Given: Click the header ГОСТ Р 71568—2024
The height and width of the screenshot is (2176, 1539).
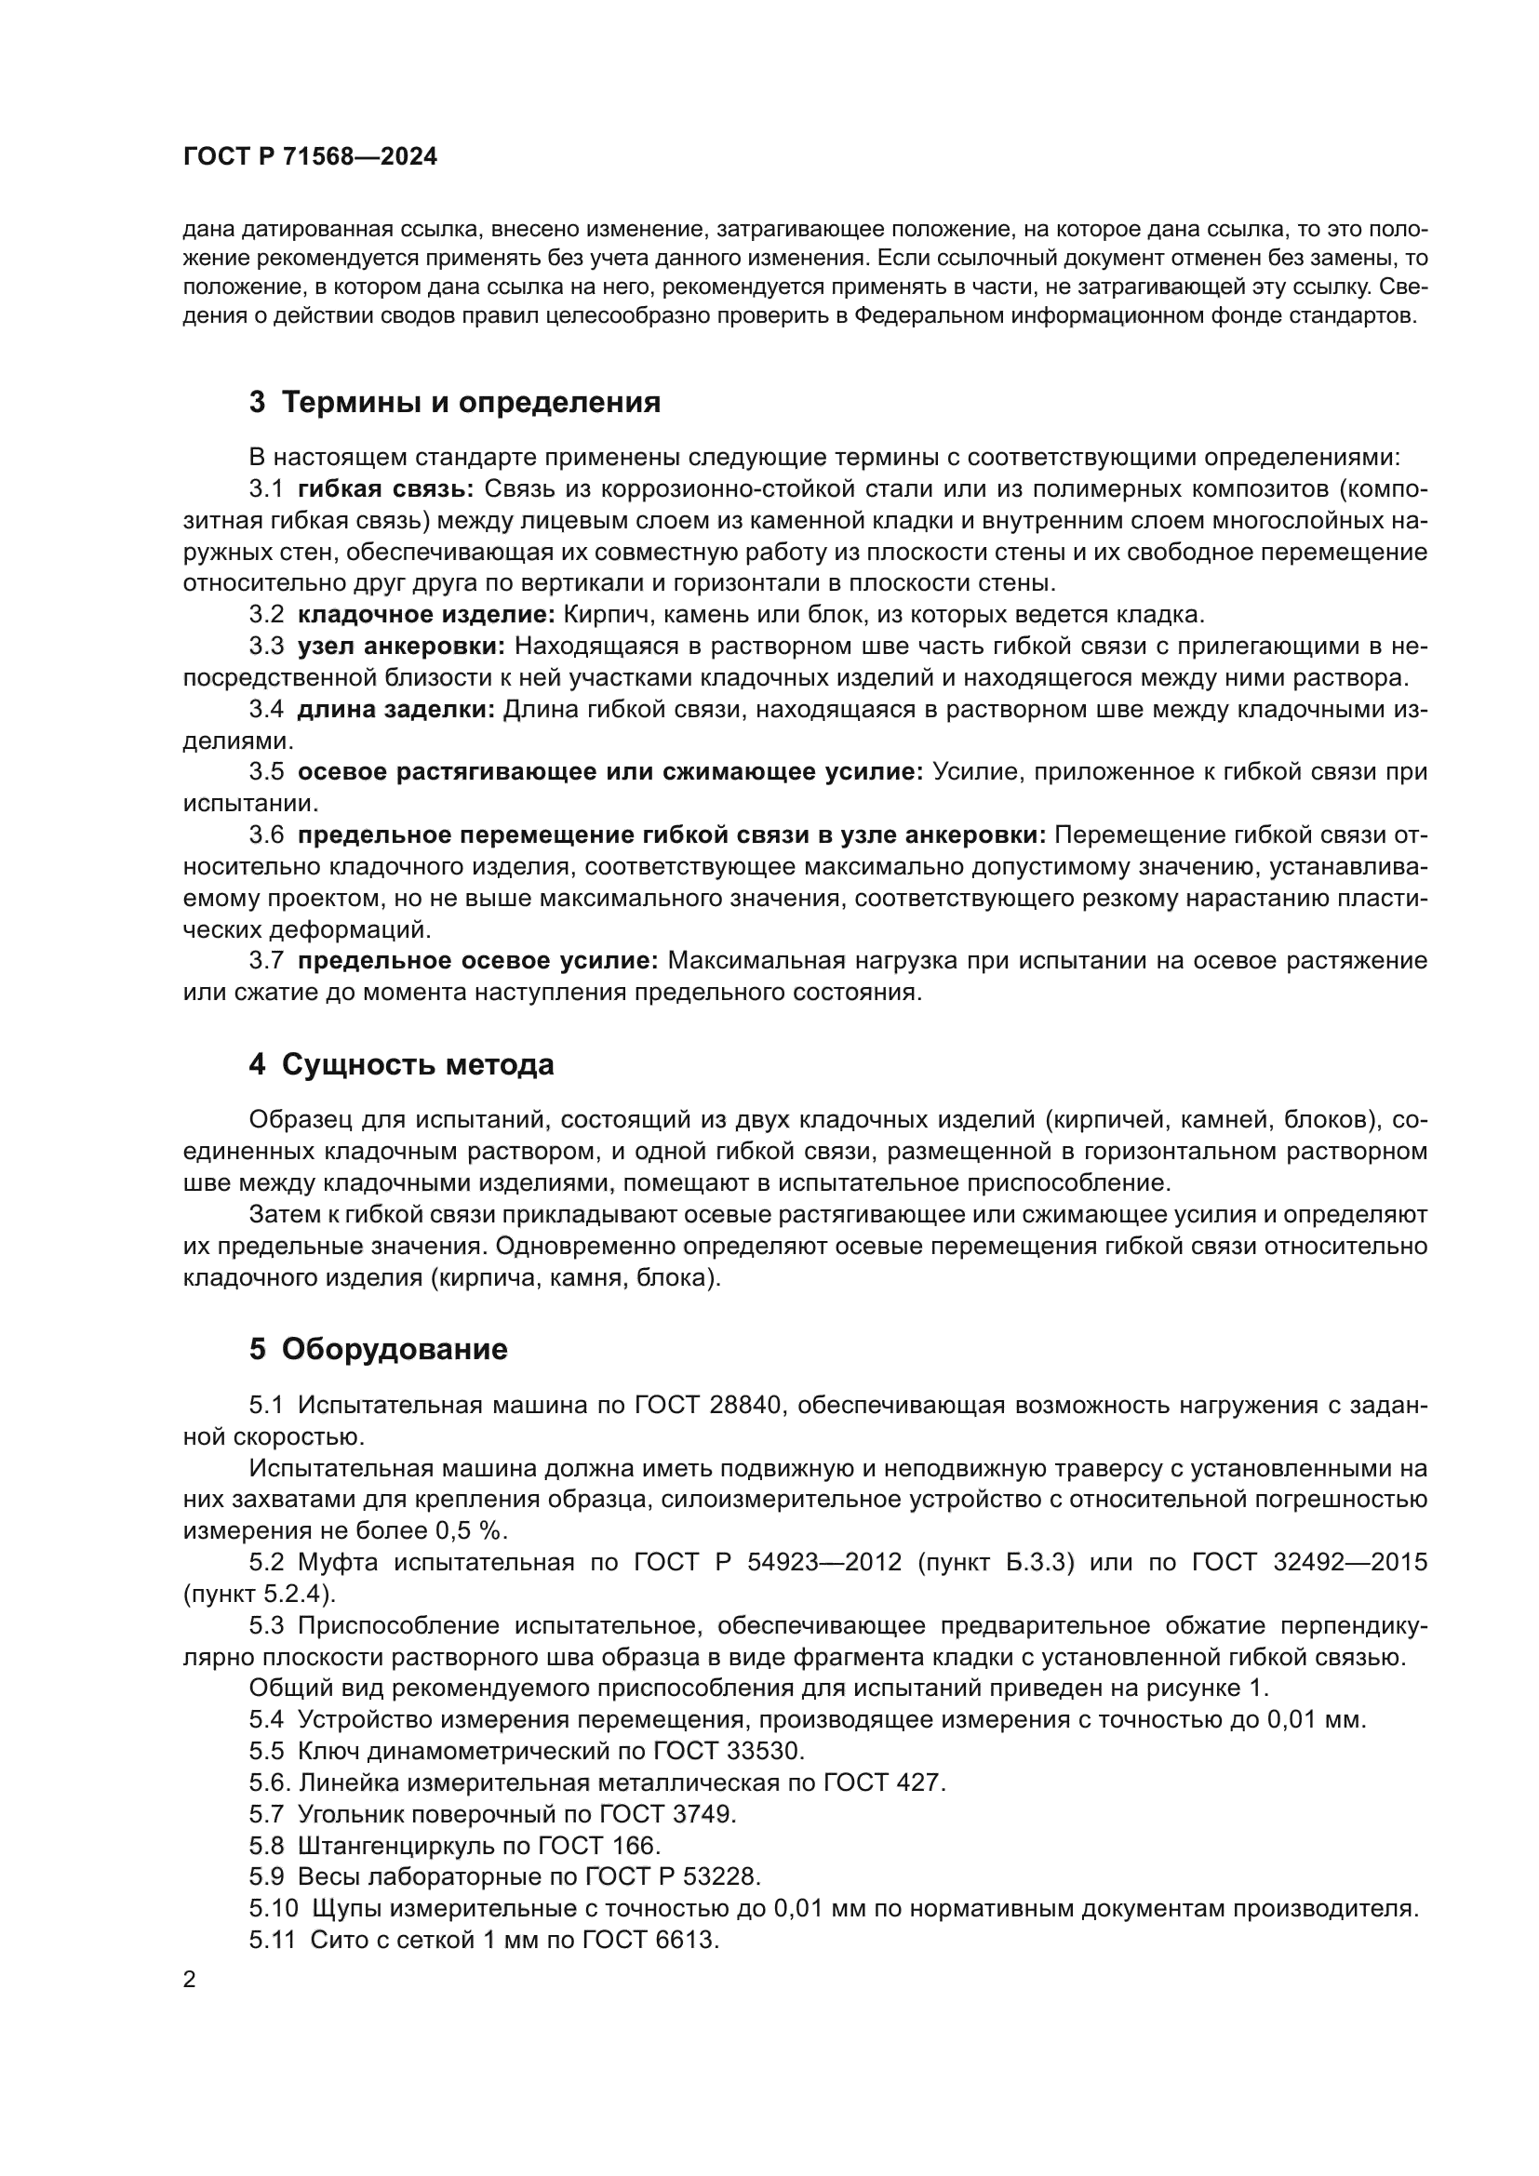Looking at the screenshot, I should pyautogui.click(x=310, y=157).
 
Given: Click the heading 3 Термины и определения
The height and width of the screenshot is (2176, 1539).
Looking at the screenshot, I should pyautogui.click(x=455, y=403).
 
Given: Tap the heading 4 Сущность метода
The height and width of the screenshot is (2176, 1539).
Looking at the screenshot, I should pyautogui.click(x=401, y=1065).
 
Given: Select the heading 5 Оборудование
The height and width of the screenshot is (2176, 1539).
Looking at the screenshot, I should pyautogui.click(x=378, y=1350).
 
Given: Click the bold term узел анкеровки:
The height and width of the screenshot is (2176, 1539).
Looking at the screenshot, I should pyautogui.click(x=402, y=647).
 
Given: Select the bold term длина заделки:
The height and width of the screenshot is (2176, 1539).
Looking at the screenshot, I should pyautogui.click(x=396, y=710).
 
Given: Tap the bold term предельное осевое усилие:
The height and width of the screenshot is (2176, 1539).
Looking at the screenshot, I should pyautogui.click(x=477, y=961).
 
